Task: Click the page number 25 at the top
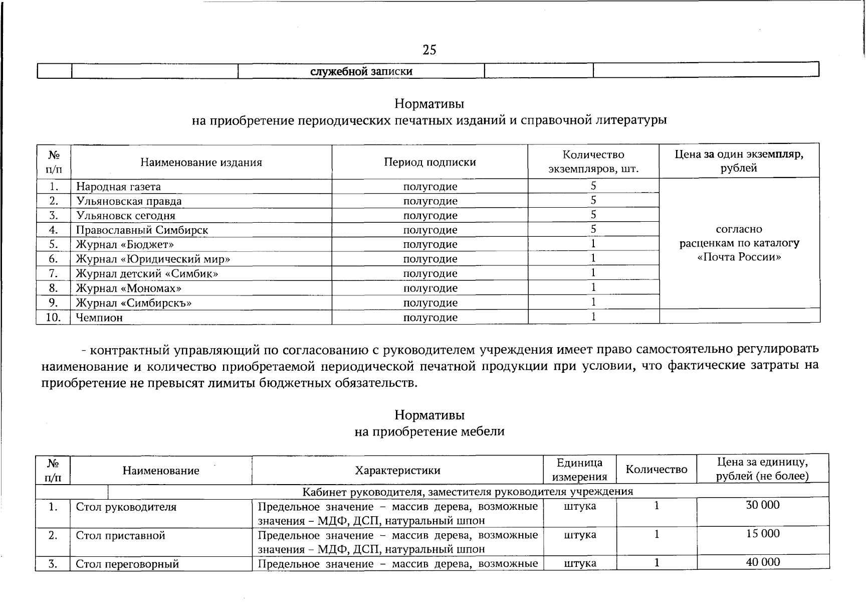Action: pyautogui.click(x=429, y=50)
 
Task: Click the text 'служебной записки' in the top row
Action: pyautogui.click(x=361, y=71)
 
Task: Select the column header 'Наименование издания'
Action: pyautogui.click(x=201, y=162)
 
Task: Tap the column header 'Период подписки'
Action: pyautogui.click(x=430, y=162)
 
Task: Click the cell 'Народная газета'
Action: pyautogui.click(x=118, y=187)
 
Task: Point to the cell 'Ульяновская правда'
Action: pyautogui.click(x=129, y=201)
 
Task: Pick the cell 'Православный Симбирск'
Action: pyautogui.click(x=142, y=230)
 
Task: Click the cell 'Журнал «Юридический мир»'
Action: pyautogui.click(x=153, y=259)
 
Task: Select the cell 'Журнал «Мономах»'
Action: pyautogui.click(x=128, y=288)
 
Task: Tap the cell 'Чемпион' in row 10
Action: pyautogui.click(x=99, y=318)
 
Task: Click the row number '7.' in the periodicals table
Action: pyautogui.click(x=53, y=274)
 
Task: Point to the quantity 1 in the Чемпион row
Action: pyautogui.click(x=593, y=317)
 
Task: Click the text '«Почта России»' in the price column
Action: pyautogui.click(x=739, y=257)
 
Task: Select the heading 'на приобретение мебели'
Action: pyautogui.click(x=429, y=431)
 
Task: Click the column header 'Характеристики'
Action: pyautogui.click(x=397, y=470)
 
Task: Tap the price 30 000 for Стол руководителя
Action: pyautogui.click(x=763, y=505)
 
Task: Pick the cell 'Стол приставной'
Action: pyautogui.click(x=120, y=535)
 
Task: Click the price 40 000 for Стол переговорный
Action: pyautogui.click(x=763, y=562)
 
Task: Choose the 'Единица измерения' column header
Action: pyautogui.click(x=580, y=470)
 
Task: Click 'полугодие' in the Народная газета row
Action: pyautogui.click(x=430, y=187)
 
